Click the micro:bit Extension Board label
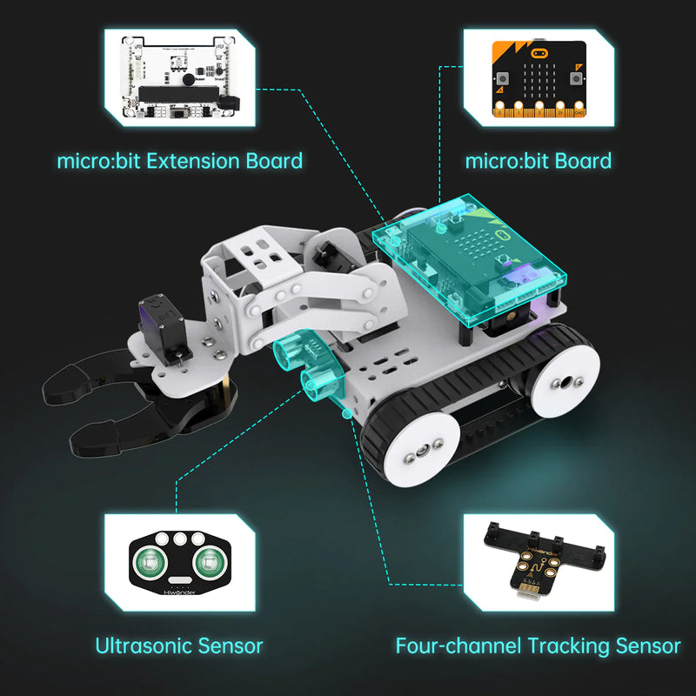point(180,161)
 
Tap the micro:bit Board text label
point(539,161)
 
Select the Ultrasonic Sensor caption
point(179,646)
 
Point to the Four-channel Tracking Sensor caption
point(538,646)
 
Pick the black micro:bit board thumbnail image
point(539,78)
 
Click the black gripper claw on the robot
point(130,409)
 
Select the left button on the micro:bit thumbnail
point(504,78)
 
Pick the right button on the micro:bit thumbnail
point(574,78)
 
